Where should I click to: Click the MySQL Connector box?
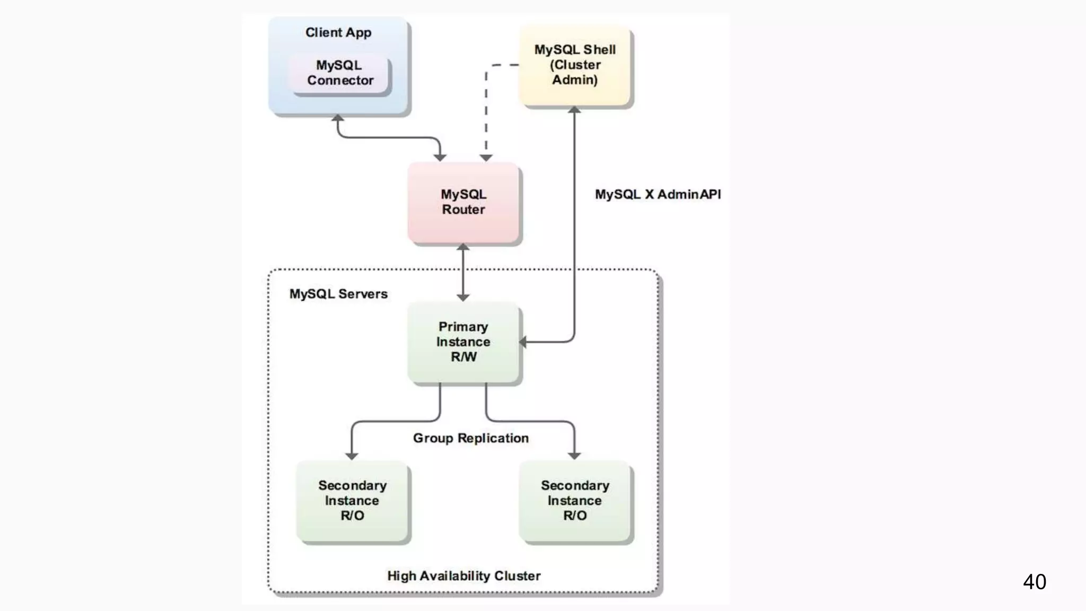tap(339, 73)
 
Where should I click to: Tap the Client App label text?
tap(338, 32)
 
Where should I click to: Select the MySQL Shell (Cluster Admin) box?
tap(575, 65)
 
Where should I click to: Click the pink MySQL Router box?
tap(463, 203)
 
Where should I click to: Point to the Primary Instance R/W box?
tap(463, 342)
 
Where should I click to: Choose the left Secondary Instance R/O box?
tap(352, 501)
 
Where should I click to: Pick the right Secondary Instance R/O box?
tap(575, 501)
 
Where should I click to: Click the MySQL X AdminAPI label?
tap(658, 195)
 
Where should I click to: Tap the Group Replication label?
tap(471, 438)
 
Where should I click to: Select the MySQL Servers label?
tap(338, 294)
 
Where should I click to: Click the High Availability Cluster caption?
tap(463, 576)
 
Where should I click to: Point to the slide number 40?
tap(1034, 582)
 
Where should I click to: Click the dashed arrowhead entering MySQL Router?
tap(486, 158)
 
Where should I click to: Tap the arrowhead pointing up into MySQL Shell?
tap(574, 110)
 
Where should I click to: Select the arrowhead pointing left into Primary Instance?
tap(523, 342)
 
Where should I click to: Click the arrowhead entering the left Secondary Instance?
tap(352, 456)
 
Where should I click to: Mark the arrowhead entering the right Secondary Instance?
tap(574, 456)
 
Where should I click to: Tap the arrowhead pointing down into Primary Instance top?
tap(463, 298)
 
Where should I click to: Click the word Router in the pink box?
tap(463, 210)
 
